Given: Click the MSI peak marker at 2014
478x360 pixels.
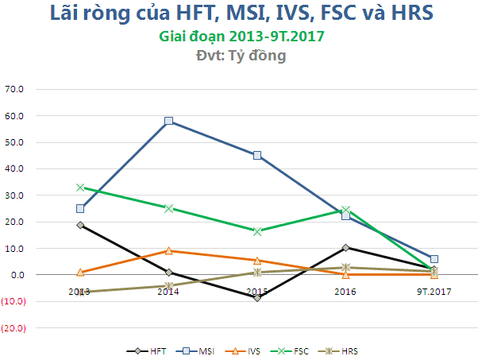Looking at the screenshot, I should [168, 121].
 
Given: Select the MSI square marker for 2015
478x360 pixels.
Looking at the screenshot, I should [257, 155].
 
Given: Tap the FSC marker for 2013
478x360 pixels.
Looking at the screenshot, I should [80, 188].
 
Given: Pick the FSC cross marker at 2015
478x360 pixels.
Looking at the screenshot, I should [257, 231].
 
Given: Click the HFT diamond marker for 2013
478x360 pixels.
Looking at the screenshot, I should [80, 225].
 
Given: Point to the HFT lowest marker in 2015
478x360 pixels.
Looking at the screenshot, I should [257, 297].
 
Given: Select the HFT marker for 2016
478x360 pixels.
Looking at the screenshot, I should [345, 247].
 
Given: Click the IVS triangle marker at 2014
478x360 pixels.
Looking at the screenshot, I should [168, 250].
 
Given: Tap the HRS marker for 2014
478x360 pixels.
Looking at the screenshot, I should [168, 285].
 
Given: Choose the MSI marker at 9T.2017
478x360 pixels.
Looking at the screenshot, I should [434, 259].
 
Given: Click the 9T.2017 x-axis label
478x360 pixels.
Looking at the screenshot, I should [434, 292].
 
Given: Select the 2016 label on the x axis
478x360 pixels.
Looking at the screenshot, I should [345, 292].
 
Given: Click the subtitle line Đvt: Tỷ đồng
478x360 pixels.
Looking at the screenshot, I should [241, 56].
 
